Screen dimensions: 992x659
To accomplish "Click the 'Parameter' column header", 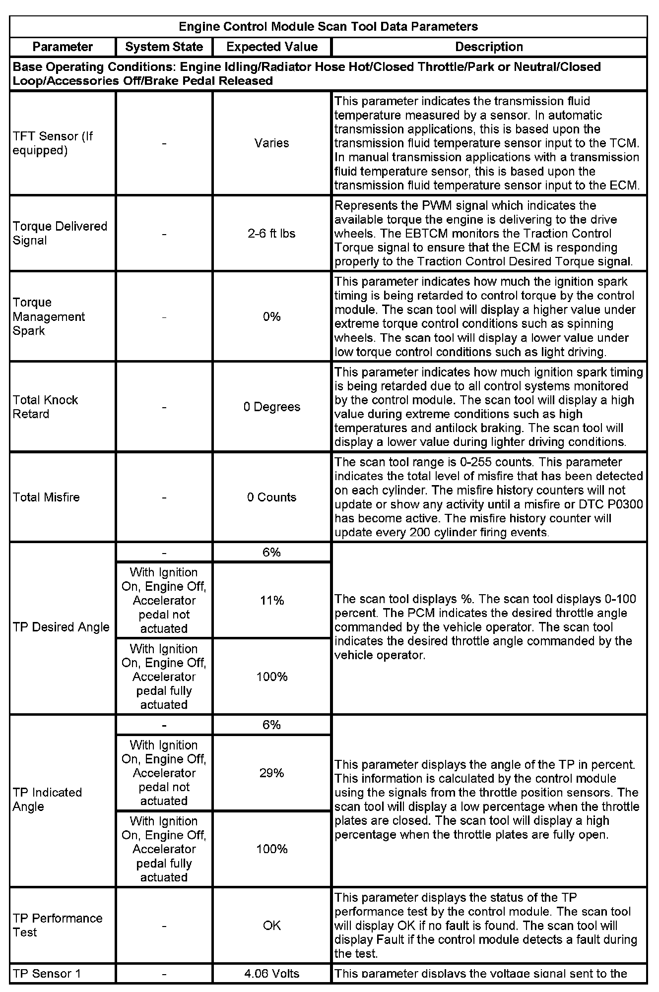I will (x=63, y=47).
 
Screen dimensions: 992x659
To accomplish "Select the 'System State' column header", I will (x=164, y=47).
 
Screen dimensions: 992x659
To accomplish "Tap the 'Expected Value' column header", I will (x=272, y=47).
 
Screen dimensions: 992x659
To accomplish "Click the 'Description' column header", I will (x=489, y=47).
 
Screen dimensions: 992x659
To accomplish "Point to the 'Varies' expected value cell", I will (x=272, y=143).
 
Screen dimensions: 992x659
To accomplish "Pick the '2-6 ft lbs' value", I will (x=272, y=233).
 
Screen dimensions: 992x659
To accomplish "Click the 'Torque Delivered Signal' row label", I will (x=60, y=233).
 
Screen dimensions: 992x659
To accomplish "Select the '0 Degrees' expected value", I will (x=272, y=407).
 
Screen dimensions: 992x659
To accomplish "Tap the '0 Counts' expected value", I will (x=272, y=497).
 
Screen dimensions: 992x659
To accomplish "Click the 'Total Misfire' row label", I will (x=46, y=497).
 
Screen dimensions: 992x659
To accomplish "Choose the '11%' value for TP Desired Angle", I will (x=272, y=601).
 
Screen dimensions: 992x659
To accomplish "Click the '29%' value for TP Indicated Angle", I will (x=272, y=773).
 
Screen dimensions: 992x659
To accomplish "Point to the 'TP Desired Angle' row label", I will (x=61, y=627).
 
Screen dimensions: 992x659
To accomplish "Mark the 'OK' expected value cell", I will (x=272, y=925).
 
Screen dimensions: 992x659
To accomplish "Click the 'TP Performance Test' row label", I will (x=57, y=925).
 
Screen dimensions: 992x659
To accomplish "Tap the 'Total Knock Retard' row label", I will (x=46, y=407).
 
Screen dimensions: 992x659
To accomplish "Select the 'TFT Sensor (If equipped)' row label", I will (x=53, y=143).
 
